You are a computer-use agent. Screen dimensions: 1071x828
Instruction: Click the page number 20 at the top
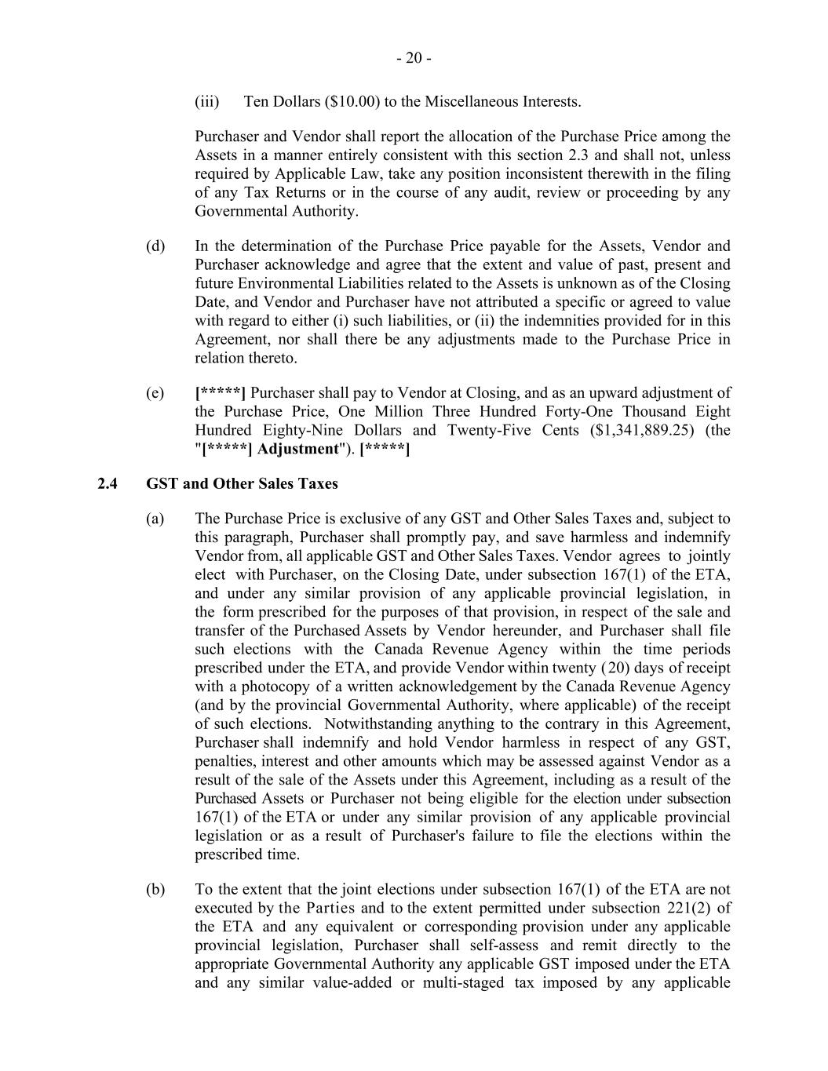click(x=414, y=58)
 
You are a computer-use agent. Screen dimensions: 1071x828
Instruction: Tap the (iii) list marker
click(x=207, y=101)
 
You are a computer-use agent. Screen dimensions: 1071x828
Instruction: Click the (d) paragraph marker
click(x=155, y=246)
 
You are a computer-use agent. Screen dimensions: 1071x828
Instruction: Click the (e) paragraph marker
click(x=155, y=393)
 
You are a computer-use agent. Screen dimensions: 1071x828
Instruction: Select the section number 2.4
click(x=108, y=483)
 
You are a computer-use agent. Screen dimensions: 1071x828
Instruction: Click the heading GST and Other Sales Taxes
click(x=242, y=483)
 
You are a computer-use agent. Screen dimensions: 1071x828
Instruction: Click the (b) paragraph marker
click(x=155, y=890)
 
